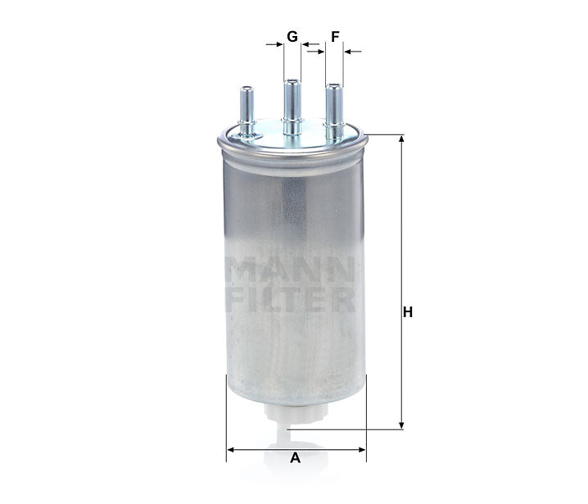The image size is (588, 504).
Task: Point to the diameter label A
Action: coord(295,458)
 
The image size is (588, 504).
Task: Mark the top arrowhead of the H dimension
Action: coord(401,140)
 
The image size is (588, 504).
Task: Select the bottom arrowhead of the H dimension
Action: coord(401,423)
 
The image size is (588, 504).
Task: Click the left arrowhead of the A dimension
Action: coord(232,449)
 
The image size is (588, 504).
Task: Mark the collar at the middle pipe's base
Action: coord(292,125)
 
